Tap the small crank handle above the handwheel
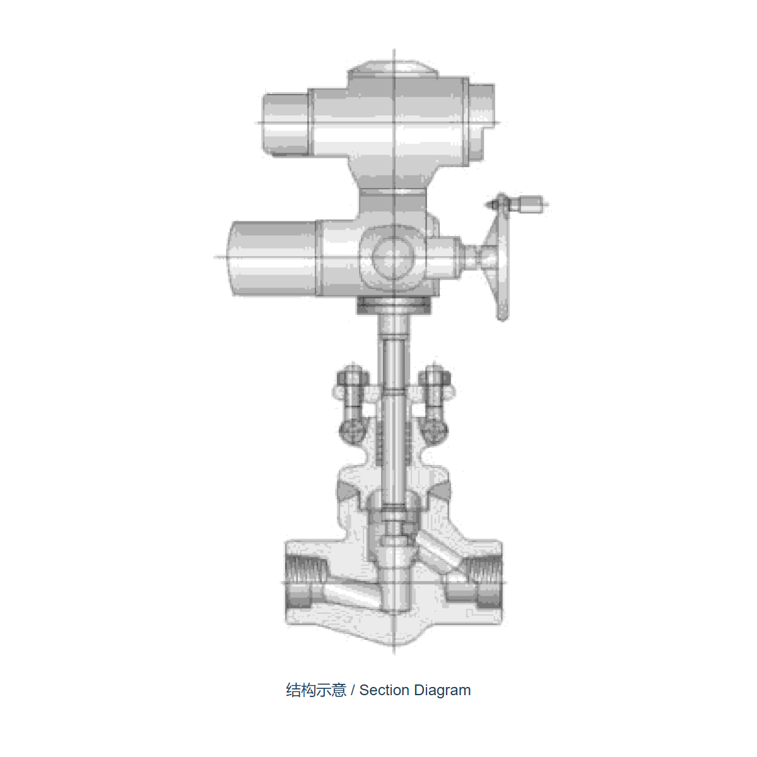click(519, 204)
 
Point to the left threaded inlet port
click(305, 582)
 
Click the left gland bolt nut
click(353, 378)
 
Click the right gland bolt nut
click(435, 378)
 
